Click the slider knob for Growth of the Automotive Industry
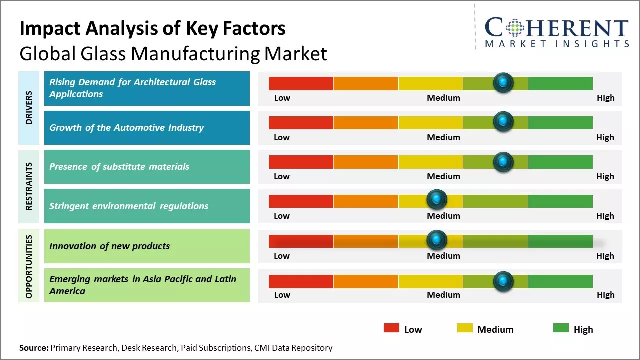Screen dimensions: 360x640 pos(503,122)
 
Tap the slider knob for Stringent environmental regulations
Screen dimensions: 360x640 pos(437,200)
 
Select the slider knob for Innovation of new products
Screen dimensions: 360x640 pos(437,240)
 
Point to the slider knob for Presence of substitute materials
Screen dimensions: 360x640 pos(503,162)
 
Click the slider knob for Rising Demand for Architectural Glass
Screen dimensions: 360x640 pos(503,82)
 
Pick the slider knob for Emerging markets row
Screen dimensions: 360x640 pos(503,281)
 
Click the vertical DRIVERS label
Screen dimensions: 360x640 pos(29,107)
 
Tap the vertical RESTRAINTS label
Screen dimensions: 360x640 pos(29,186)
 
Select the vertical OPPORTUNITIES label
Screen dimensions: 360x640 pos(29,266)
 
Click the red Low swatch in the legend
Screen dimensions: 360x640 pos(391,328)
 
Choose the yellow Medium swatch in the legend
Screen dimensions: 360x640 pos(465,328)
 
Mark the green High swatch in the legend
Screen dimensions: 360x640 pos(561,328)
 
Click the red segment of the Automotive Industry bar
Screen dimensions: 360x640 pos(301,122)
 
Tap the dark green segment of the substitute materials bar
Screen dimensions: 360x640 pos(560,162)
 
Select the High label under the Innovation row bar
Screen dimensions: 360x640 pos(605,256)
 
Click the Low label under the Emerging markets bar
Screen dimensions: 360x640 pos(282,295)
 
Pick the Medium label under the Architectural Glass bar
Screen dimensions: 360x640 pos(443,98)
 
